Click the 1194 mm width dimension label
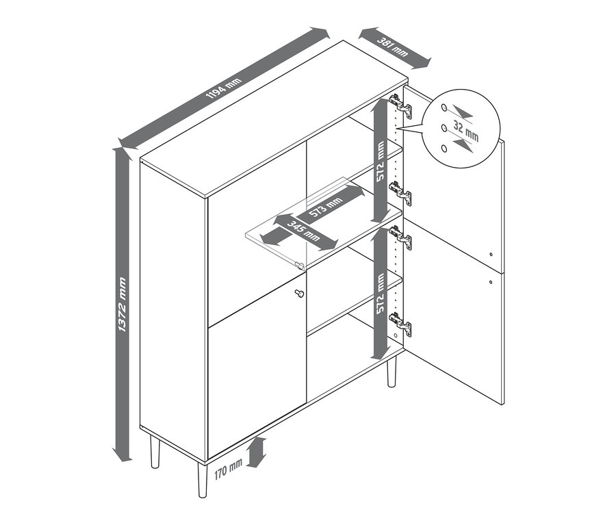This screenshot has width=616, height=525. (224, 88)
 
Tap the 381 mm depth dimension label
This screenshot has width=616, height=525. (394, 47)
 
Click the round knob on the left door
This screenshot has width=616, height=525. (298, 293)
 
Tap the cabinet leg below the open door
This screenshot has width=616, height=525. (392, 372)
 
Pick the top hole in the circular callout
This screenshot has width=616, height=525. (444, 107)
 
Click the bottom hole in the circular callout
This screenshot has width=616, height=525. (444, 148)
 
